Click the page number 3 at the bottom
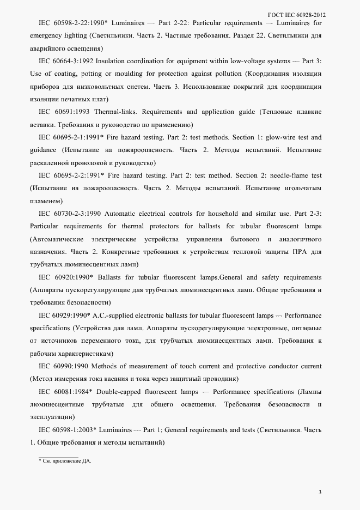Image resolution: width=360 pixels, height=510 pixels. [x=320, y=493]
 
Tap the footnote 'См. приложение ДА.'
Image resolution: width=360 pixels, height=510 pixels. [x=65, y=461]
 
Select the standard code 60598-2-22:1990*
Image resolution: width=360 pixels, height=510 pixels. [x=82, y=24]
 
